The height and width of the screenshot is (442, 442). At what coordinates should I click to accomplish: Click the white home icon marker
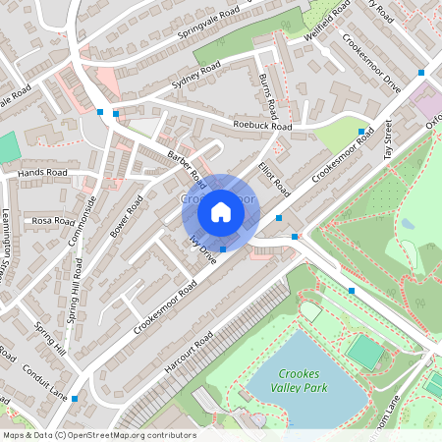click(x=221, y=211)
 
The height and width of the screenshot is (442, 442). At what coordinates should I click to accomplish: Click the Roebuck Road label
click(x=262, y=127)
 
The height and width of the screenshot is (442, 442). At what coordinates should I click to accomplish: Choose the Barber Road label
click(x=187, y=167)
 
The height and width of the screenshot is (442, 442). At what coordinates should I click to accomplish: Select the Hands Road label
click(x=42, y=172)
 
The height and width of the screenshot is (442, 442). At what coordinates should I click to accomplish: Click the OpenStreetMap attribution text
click(x=98, y=435)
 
